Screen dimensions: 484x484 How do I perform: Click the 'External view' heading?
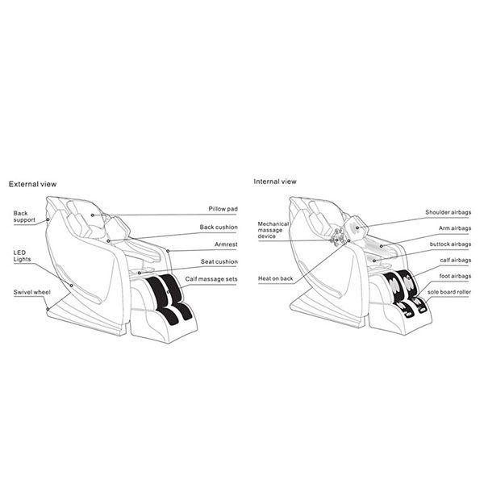pos(32,184)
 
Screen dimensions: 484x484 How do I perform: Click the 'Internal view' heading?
pos(275,181)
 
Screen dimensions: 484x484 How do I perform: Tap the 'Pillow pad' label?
pos(223,209)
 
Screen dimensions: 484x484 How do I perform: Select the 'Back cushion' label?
pos(219,227)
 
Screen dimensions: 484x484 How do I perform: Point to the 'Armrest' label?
pos(226,244)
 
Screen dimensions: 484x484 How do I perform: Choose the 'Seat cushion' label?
pos(219,261)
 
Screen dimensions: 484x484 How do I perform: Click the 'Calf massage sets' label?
pos(211,279)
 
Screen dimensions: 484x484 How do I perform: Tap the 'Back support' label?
pos(24,217)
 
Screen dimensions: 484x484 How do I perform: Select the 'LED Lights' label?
pos(22,256)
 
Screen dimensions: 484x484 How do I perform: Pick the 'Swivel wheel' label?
pos(31,292)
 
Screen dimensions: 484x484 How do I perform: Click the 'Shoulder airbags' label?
pos(449,212)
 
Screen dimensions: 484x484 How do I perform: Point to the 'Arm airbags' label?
pos(455,228)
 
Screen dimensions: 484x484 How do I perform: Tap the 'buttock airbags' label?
pos(450,244)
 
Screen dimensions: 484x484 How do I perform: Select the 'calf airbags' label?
pos(456,261)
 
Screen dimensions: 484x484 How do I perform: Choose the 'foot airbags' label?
pos(455,276)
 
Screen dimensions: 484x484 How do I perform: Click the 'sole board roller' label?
pos(449,292)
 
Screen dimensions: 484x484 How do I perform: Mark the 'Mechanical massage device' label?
pos(273,230)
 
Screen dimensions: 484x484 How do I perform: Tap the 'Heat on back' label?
pos(275,278)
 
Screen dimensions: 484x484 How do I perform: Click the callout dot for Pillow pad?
pos(92,215)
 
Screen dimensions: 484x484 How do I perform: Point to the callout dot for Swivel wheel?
pos(48,309)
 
